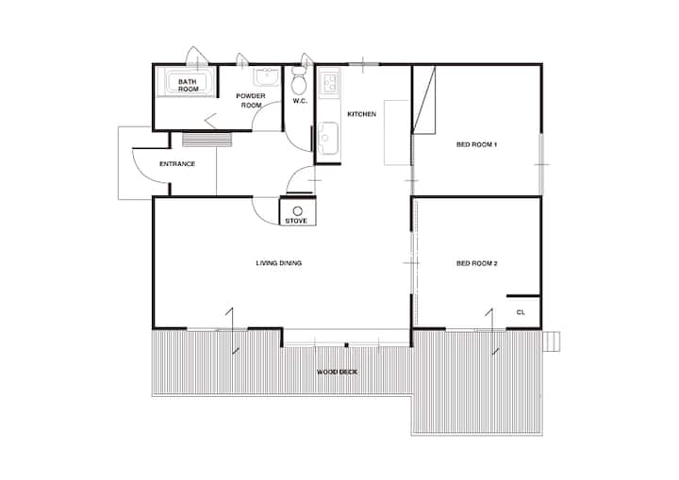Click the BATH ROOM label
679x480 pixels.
(x=188, y=85)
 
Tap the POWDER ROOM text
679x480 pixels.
(x=251, y=100)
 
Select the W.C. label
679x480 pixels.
(x=300, y=101)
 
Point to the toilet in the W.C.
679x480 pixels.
(x=299, y=81)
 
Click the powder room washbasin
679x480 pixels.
(x=267, y=77)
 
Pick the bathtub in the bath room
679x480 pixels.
(x=187, y=82)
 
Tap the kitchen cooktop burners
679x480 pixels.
(x=330, y=82)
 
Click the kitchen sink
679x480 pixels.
(x=328, y=138)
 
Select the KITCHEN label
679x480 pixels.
(x=361, y=114)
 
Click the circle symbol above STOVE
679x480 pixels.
(x=297, y=211)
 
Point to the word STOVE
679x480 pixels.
(x=296, y=221)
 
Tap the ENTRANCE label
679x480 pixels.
(x=177, y=164)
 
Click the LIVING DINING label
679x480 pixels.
(x=278, y=263)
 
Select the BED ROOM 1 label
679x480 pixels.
(x=476, y=144)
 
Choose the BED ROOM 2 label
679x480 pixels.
(x=477, y=263)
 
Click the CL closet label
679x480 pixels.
(x=521, y=312)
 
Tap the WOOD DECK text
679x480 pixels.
(x=337, y=372)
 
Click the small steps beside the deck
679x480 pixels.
(x=552, y=341)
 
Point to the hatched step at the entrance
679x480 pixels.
(x=207, y=140)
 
